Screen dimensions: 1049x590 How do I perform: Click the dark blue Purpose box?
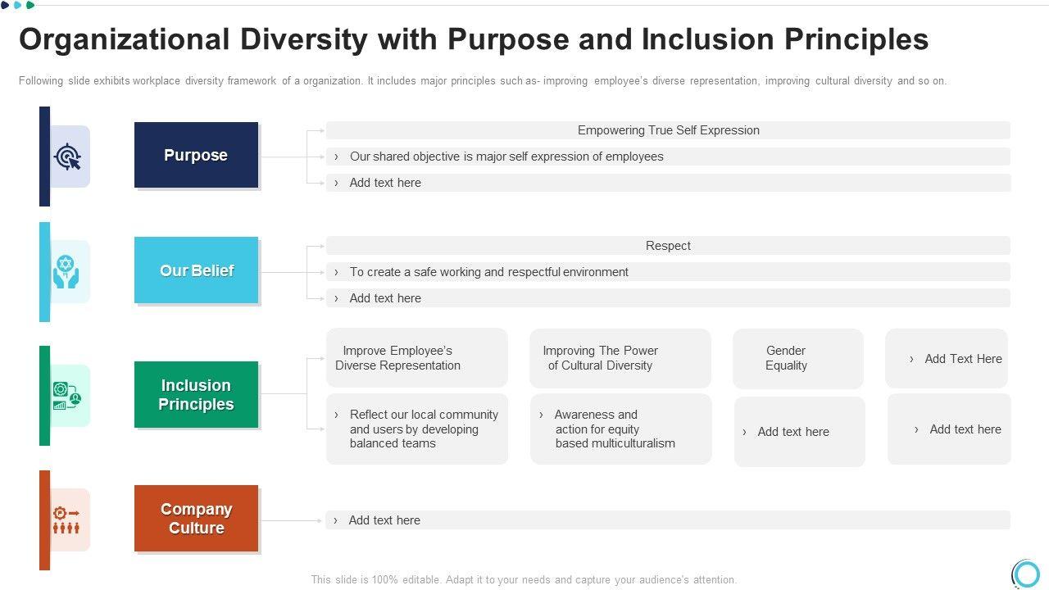click(x=196, y=155)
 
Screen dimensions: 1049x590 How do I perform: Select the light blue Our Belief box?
click(x=196, y=270)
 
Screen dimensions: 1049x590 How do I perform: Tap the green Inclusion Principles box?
click(x=196, y=394)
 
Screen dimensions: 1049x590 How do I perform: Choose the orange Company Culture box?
click(x=196, y=518)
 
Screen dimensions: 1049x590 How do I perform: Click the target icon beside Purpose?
click(x=67, y=157)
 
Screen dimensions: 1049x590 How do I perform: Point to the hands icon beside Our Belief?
click(x=66, y=271)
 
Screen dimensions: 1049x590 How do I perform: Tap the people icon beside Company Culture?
click(x=66, y=520)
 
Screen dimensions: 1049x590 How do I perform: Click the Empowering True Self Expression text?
click(x=668, y=130)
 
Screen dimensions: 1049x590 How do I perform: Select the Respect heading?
click(x=668, y=246)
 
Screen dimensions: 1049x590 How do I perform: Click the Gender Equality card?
click(x=798, y=358)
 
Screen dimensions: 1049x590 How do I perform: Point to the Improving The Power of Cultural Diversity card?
click(x=620, y=358)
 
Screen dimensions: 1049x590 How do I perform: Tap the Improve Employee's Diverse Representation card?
click(x=417, y=358)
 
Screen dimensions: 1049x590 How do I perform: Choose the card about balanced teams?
click(x=417, y=429)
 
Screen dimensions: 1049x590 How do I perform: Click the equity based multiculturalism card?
click(x=621, y=429)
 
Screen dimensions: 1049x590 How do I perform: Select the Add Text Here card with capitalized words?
click(x=946, y=358)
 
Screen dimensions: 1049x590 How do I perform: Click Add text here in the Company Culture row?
click(x=384, y=520)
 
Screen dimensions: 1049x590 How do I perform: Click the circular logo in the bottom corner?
click(x=1026, y=573)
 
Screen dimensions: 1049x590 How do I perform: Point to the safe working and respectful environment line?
click(x=489, y=272)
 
